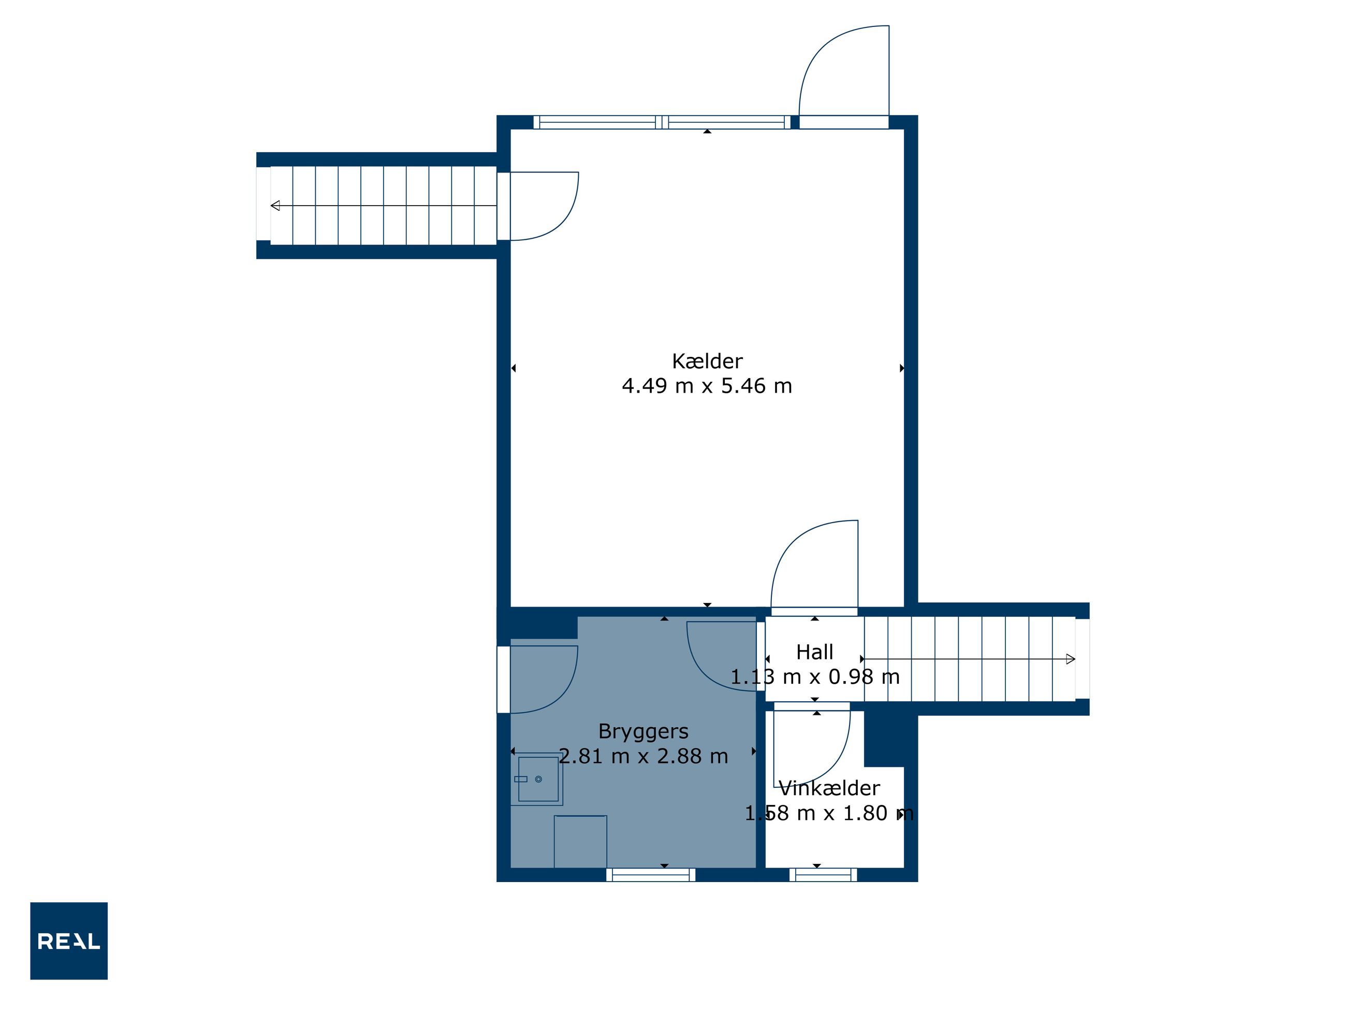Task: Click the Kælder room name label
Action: (707, 361)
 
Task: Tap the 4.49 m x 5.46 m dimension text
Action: (707, 386)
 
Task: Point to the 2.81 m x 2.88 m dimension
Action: (643, 756)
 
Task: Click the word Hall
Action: (815, 652)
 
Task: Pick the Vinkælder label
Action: (829, 788)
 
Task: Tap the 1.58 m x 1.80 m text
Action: (829, 813)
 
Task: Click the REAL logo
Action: (69, 941)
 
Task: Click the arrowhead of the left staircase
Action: (275, 206)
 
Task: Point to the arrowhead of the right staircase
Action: (1071, 659)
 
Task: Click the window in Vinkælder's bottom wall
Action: (823, 875)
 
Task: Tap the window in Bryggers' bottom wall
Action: (651, 875)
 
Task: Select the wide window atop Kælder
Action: (662, 122)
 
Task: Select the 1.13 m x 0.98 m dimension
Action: (815, 677)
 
